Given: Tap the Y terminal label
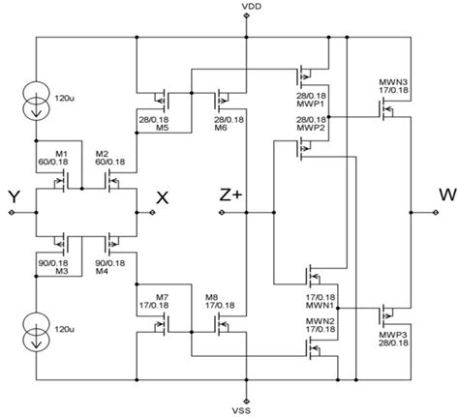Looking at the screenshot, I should [x=15, y=198].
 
